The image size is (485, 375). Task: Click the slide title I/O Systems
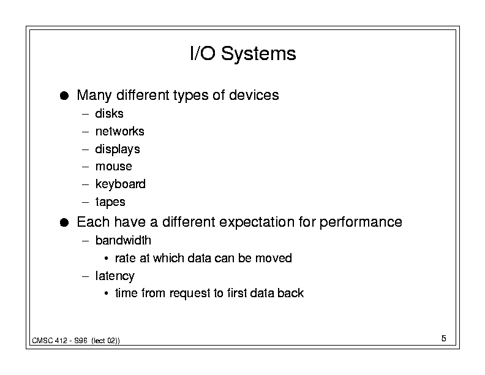click(x=243, y=53)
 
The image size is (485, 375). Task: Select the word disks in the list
click(x=109, y=113)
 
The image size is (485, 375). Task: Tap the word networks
click(x=119, y=131)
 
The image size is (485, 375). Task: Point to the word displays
click(x=118, y=150)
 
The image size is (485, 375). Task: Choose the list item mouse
click(x=113, y=167)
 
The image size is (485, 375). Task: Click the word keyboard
click(x=120, y=184)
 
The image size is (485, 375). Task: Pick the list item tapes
click(x=110, y=202)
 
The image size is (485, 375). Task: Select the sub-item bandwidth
click(x=123, y=240)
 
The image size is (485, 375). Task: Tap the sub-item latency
click(x=115, y=276)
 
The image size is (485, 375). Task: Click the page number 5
click(x=443, y=338)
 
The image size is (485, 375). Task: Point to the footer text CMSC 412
click(x=50, y=341)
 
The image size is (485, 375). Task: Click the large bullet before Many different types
click(x=64, y=96)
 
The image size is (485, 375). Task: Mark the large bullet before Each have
click(x=64, y=222)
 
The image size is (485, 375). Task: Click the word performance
click(x=361, y=222)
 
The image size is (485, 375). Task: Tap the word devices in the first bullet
click(x=254, y=95)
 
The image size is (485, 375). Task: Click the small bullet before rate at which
click(x=106, y=258)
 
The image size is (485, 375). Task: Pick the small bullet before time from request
click(x=106, y=293)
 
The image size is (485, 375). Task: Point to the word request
click(x=190, y=294)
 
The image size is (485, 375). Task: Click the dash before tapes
click(x=85, y=202)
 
